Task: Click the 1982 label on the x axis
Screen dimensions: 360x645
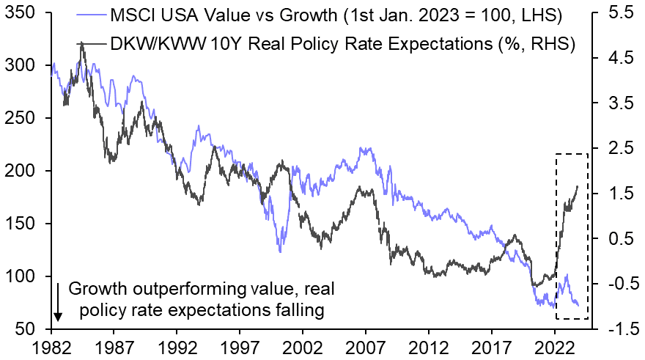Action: [51, 345]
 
